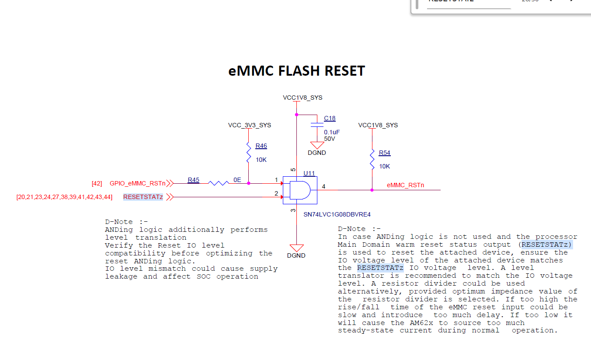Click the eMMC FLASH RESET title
pyautogui.click(x=296, y=71)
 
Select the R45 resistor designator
pyautogui.click(x=193, y=180)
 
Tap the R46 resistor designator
pyautogui.click(x=261, y=146)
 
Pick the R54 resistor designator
pyautogui.click(x=384, y=153)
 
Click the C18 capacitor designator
pyautogui.click(x=330, y=118)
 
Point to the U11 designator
pyautogui.click(x=309, y=173)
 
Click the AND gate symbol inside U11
pyautogui.click(x=300, y=190)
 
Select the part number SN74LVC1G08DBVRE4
pyautogui.click(x=337, y=215)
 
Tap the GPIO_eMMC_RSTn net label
pyautogui.click(x=137, y=183)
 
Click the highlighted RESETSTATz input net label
pyautogui.click(x=143, y=197)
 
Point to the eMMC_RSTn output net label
pyautogui.click(x=406, y=185)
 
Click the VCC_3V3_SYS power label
pyautogui.click(x=250, y=126)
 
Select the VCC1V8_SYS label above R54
pyautogui.click(x=378, y=125)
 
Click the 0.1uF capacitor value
pyautogui.click(x=332, y=132)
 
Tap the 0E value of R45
pyautogui.click(x=237, y=180)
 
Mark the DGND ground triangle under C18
pyautogui.click(x=317, y=145)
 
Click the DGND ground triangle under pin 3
pyautogui.click(x=296, y=248)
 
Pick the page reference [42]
pyautogui.click(x=97, y=184)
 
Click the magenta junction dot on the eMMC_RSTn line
pyautogui.click(x=372, y=190)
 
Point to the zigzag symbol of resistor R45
pyautogui.click(x=219, y=183)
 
